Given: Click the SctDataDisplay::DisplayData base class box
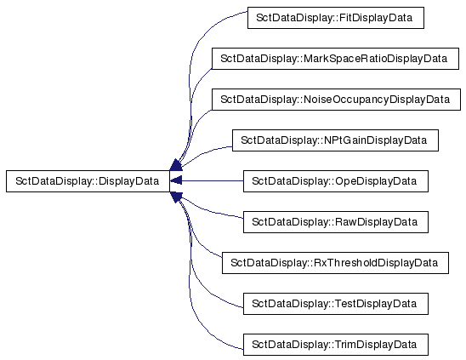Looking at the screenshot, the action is click(x=88, y=181).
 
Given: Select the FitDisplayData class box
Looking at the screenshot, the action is click(x=336, y=18).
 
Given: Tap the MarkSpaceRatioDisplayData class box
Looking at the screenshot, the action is click(x=335, y=59).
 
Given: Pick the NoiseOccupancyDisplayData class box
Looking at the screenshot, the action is click(x=336, y=100).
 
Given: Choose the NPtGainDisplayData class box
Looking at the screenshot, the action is click(x=335, y=140).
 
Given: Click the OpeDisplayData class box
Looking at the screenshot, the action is click(x=336, y=181).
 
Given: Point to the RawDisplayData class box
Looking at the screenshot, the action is click(x=336, y=222).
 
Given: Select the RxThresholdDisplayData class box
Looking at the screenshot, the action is click(x=335, y=263).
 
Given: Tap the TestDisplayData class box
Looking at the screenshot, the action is click(x=336, y=304).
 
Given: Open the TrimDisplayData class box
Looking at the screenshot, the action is click(x=336, y=345).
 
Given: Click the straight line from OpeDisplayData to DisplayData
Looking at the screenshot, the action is click(x=213, y=181).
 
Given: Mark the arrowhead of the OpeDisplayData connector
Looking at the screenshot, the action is click(x=176, y=181).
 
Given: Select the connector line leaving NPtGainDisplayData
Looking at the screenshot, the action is click(x=205, y=151).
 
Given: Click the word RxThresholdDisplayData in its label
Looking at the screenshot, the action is click(x=376, y=263).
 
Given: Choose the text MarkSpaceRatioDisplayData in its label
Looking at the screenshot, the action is click(x=375, y=59).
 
